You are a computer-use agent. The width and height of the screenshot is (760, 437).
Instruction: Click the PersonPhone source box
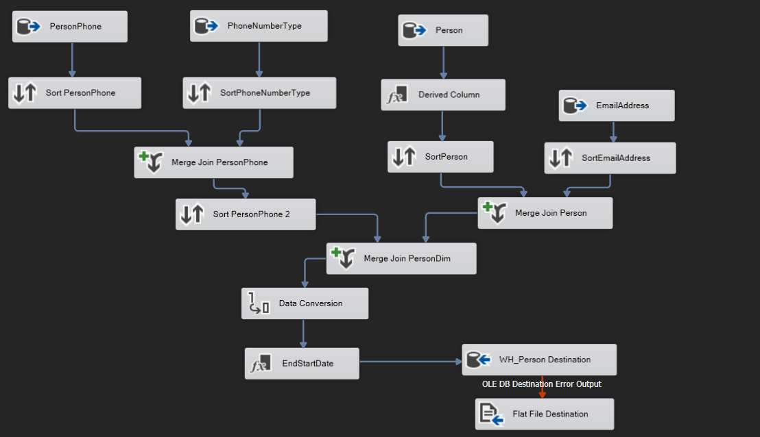point(70,27)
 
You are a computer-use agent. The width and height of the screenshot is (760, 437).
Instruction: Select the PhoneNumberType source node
point(259,26)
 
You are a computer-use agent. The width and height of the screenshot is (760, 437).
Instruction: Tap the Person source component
point(443,30)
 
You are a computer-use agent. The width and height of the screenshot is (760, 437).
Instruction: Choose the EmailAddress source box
point(616,105)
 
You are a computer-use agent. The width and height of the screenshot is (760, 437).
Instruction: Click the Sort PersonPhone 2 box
point(246,214)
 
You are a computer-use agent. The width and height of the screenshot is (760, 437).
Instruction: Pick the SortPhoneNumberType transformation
point(259,93)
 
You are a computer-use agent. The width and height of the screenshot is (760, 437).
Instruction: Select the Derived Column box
point(443,95)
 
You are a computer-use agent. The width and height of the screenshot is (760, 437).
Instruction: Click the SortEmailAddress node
point(610,158)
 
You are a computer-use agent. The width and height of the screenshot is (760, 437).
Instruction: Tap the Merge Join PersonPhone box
point(213,162)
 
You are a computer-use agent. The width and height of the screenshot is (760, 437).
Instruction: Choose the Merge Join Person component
point(545,213)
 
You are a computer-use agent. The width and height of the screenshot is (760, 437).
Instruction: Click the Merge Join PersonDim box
point(401,259)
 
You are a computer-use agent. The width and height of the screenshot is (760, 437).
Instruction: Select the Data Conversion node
point(305,303)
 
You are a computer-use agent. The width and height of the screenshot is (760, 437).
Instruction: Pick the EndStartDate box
point(302,364)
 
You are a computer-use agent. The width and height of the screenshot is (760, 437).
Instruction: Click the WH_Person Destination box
point(539,360)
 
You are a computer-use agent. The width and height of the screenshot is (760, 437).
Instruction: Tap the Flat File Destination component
point(545,414)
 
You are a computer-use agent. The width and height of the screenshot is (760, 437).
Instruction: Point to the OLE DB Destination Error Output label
point(542,384)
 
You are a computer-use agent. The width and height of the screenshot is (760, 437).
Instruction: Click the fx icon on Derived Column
point(397,95)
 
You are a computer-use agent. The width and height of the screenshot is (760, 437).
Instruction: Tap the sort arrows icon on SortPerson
point(403,157)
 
